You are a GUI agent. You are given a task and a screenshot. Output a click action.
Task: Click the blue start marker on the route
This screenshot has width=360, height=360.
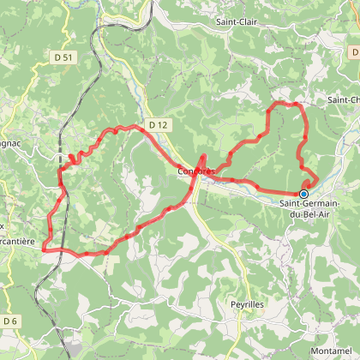point(303,194)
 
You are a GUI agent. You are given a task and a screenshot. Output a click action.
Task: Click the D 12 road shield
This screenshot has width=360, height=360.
point(155,125)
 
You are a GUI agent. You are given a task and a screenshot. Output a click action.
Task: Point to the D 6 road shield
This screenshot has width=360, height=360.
point(10,321)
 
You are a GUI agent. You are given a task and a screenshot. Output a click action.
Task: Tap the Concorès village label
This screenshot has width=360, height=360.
point(196,171)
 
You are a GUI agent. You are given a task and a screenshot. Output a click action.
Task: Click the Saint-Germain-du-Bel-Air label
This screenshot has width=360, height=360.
point(309,207)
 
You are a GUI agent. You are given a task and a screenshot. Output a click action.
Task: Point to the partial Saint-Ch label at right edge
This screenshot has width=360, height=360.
point(343,100)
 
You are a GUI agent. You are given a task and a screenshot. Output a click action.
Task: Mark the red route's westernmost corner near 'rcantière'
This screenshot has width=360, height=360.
point(42,249)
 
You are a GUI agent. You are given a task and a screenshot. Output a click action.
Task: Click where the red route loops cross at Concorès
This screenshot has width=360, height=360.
point(202,167)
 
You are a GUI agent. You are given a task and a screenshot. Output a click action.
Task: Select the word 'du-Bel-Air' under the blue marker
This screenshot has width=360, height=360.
point(311,213)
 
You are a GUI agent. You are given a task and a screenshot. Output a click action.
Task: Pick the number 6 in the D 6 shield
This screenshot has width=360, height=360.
point(15,321)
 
